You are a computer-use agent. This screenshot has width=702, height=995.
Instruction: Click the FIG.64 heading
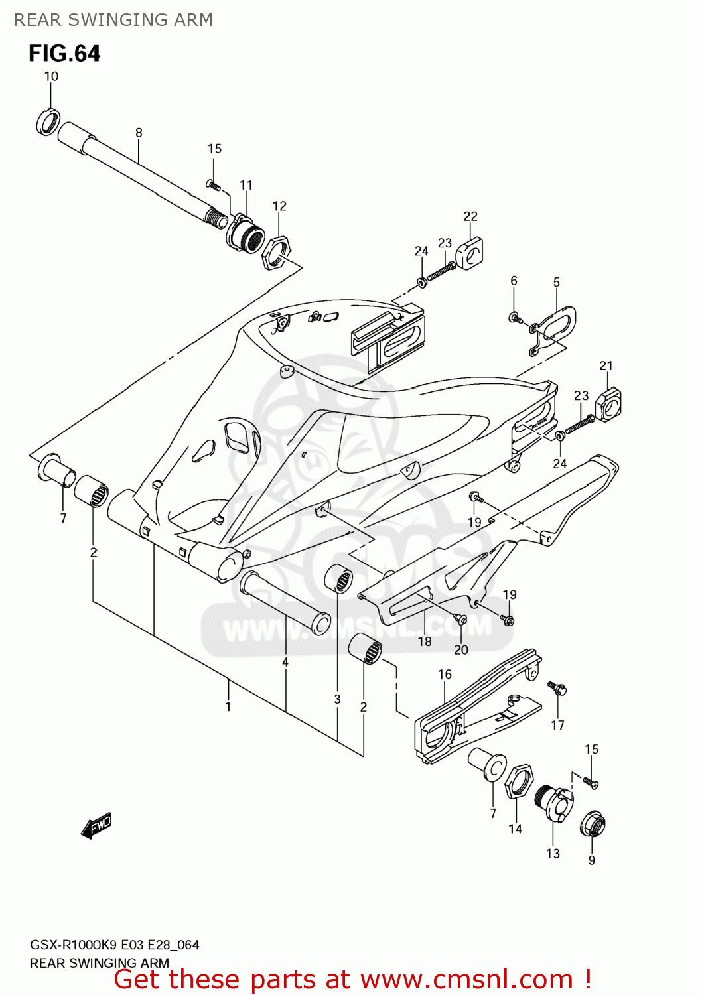(x=64, y=54)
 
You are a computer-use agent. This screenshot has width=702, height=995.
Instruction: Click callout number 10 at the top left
(x=51, y=76)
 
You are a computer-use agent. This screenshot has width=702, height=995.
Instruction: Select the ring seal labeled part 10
(x=47, y=122)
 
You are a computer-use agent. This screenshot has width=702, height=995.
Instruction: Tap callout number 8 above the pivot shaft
(x=139, y=133)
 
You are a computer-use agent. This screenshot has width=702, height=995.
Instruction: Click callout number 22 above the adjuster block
(x=470, y=216)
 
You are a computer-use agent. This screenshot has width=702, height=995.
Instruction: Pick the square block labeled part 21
(x=608, y=403)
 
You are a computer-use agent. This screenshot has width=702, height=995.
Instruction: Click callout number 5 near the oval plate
(x=556, y=282)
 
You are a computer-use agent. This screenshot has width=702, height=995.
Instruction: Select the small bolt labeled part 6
(x=515, y=318)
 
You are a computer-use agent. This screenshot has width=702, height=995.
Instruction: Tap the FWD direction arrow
(x=97, y=826)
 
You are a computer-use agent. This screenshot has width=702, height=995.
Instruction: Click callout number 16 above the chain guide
(x=445, y=674)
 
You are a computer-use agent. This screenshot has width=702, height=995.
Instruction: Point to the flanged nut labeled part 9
(x=593, y=825)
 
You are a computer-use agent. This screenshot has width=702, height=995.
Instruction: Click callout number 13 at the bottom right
(x=553, y=854)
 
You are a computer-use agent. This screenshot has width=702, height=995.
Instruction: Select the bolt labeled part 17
(x=557, y=689)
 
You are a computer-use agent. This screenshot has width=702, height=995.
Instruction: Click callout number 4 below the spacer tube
(x=285, y=662)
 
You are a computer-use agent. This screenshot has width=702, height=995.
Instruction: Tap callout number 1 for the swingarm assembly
(x=228, y=706)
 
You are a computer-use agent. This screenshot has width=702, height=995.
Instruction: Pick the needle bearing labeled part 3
(x=339, y=579)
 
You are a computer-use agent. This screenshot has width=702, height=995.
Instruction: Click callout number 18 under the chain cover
(x=425, y=641)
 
